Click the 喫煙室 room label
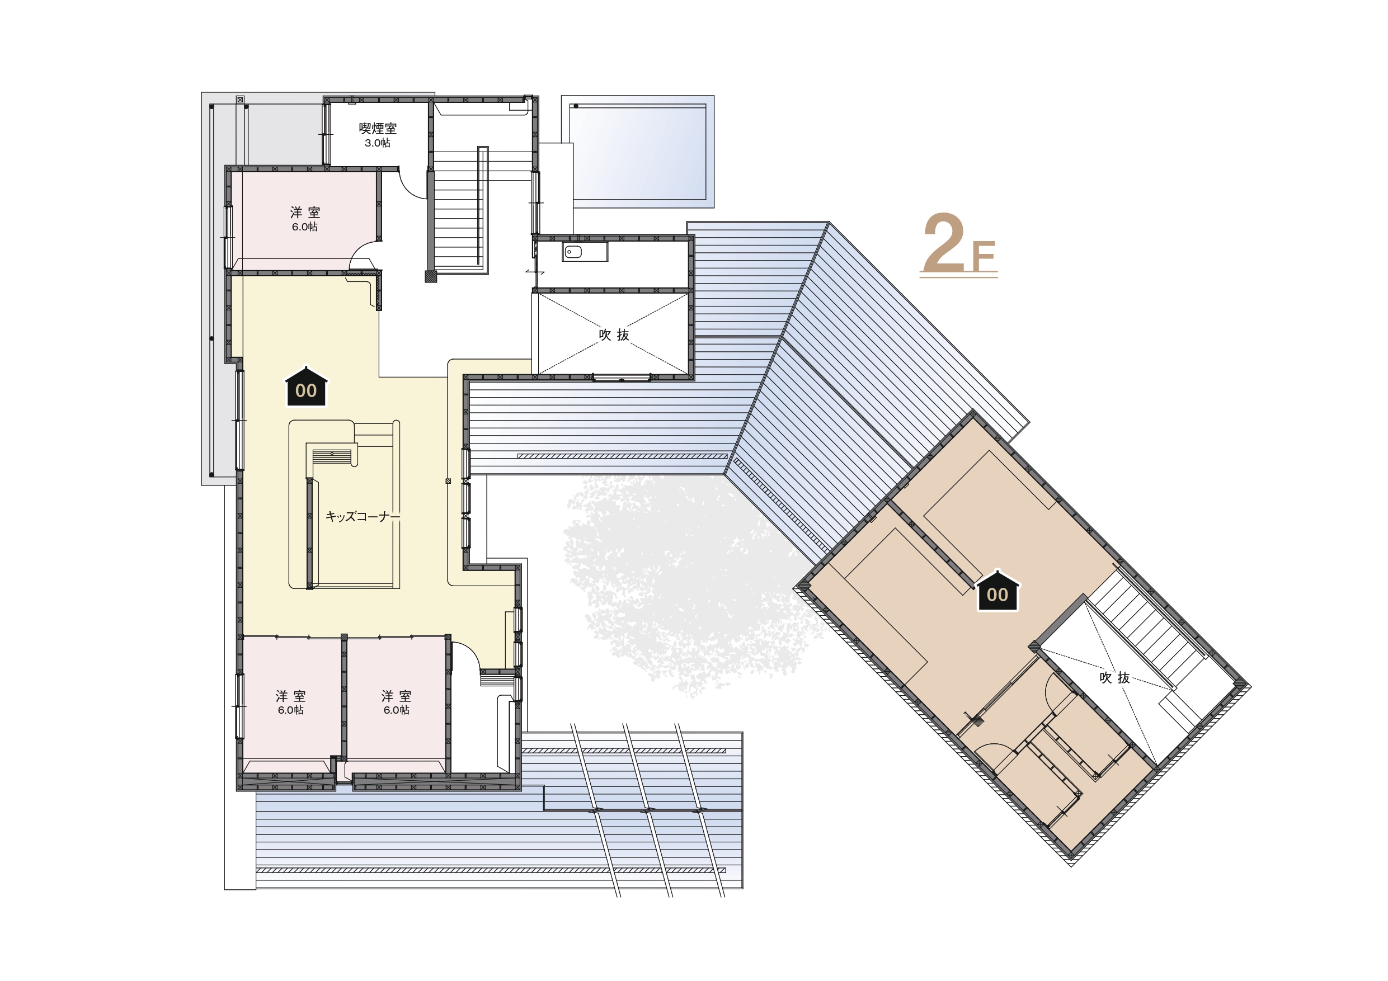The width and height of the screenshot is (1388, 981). pyautogui.click(x=377, y=128)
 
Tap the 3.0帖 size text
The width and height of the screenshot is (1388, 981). pyautogui.click(x=377, y=143)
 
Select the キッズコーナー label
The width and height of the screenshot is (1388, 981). pyautogui.click(x=363, y=516)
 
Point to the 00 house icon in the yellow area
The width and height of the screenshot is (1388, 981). pyautogui.click(x=307, y=386)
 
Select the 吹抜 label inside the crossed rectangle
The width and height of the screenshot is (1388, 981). pyautogui.click(x=614, y=335)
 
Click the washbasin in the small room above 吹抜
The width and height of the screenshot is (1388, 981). pyautogui.click(x=572, y=252)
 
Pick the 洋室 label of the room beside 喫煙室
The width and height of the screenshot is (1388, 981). pyautogui.click(x=305, y=212)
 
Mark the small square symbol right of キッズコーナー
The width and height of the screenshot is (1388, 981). pyautogui.click(x=448, y=481)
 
